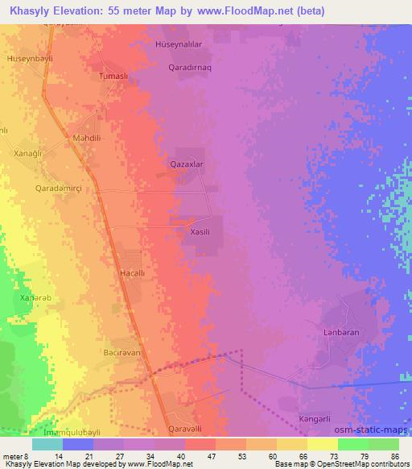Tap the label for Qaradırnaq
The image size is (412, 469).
[191, 68]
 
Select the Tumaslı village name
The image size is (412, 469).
[113, 75]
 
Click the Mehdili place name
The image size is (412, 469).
[87, 138]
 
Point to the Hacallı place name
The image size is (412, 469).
[132, 274]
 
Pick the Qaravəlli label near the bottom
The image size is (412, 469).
[187, 428]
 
